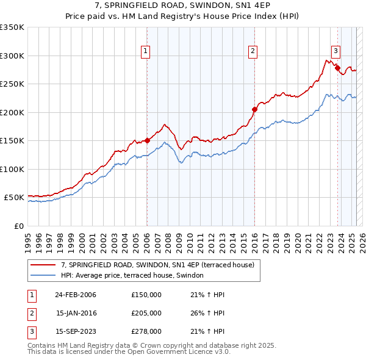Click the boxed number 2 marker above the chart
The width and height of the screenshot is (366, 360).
click(253, 51)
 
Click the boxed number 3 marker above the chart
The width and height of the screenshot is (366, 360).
click(335, 51)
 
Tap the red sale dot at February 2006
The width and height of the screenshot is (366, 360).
click(147, 140)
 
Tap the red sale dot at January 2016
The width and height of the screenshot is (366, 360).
click(254, 109)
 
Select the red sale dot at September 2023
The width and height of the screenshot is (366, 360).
click(337, 68)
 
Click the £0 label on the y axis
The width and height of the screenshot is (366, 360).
click(18, 226)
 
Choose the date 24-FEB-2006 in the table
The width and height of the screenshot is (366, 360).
click(76, 294)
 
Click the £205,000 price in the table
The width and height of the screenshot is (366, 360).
click(146, 313)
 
